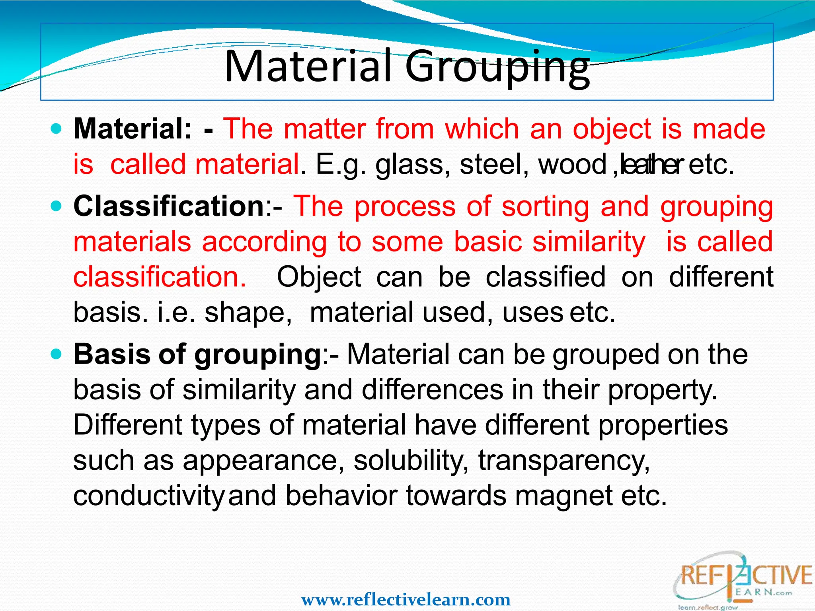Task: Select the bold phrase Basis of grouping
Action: coord(197,354)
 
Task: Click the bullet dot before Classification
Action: coord(57,206)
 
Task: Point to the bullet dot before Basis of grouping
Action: coord(57,354)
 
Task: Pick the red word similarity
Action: coord(589,242)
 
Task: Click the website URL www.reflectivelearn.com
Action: coord(406,599)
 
